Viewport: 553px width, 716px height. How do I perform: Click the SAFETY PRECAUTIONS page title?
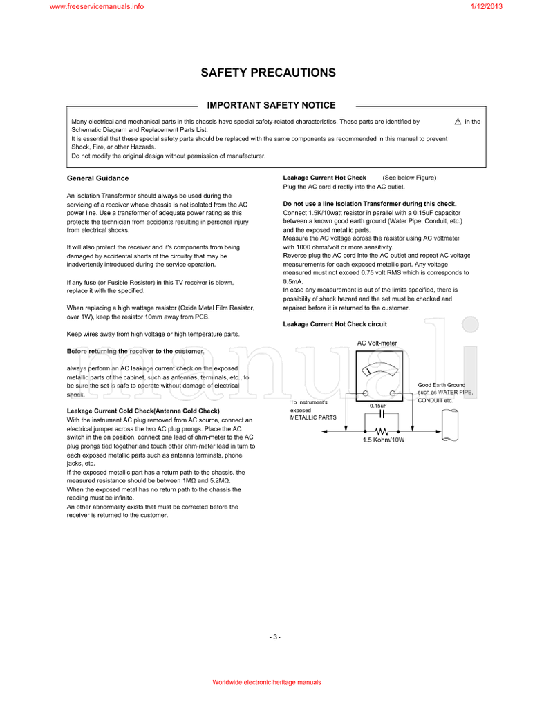coord(268,73)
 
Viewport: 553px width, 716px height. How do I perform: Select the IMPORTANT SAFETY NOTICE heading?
coord(272,106)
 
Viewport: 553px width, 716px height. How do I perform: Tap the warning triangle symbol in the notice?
coord(458,122)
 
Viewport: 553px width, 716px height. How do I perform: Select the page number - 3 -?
coord(275,637)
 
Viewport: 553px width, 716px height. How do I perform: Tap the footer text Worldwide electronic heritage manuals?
coord(267,682)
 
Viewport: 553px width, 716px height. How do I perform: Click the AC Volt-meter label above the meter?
coord(377,343)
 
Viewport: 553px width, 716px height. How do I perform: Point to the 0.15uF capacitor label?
coord(377,406)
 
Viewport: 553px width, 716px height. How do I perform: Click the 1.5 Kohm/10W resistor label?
coord(383,440)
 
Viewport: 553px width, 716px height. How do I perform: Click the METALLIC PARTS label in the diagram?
coord(313,417)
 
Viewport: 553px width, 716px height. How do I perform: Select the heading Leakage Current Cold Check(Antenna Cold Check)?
coord(143,411)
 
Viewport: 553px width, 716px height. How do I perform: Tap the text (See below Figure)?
coord(409,178)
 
